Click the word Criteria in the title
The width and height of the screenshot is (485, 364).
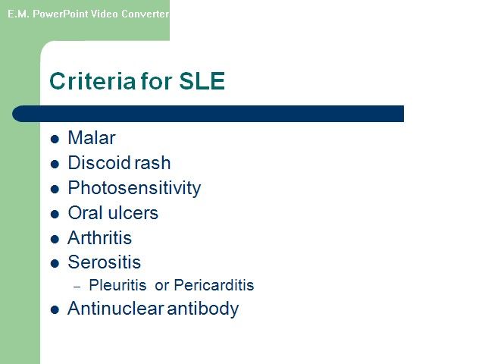pos(92,81)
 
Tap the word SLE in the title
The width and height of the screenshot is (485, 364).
pos(202,81)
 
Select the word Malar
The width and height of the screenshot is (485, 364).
pos(92,138)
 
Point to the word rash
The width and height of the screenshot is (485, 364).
pos(152,162)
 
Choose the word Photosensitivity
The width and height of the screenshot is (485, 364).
pos(134,188)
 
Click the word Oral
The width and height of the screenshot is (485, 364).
pos(85,213)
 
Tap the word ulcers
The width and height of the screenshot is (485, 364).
pos(133,213)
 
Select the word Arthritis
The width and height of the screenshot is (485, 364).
pos(99,237)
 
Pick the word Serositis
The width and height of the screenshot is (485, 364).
pos(105,262)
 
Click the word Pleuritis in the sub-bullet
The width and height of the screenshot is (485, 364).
pos(117,285)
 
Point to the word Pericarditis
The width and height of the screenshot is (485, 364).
pos(214,285)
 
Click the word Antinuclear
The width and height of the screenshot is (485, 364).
pos(116,309)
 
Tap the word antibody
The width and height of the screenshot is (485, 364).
pos(203,309)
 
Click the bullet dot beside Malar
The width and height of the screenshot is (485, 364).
pos(55,139)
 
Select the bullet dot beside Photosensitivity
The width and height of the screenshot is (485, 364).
pos(55,189)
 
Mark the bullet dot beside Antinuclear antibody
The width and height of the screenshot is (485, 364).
pos(55,309)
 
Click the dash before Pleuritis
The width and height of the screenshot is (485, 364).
pos(77,287)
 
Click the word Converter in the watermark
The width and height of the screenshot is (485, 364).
pos(145,14)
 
